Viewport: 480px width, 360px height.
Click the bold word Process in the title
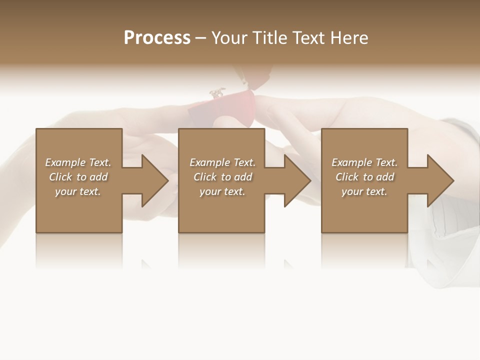point(157,37)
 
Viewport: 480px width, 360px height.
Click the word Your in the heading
point(229,37)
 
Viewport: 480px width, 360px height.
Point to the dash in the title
point(200,38)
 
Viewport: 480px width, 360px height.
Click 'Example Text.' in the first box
point(78,162)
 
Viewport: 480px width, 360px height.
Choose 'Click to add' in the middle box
point(222,177)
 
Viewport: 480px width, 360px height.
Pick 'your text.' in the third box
point(364,191)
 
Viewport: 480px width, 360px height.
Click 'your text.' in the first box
point(78,191)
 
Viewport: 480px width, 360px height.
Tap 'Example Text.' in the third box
point(364,162)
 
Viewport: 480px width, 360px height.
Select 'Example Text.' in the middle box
point(222,162)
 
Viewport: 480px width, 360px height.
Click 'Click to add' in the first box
point(78,177)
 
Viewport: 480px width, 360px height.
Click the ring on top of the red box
point(217,92)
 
